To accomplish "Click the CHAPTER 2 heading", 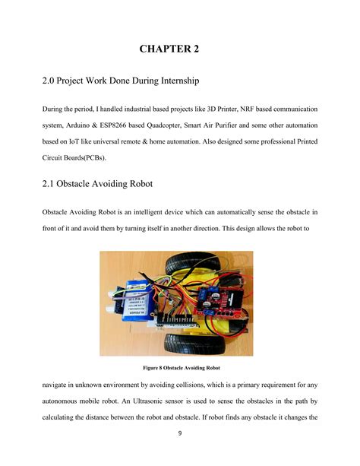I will (x=169, y=49).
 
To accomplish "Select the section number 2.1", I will (x=49, y=184).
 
